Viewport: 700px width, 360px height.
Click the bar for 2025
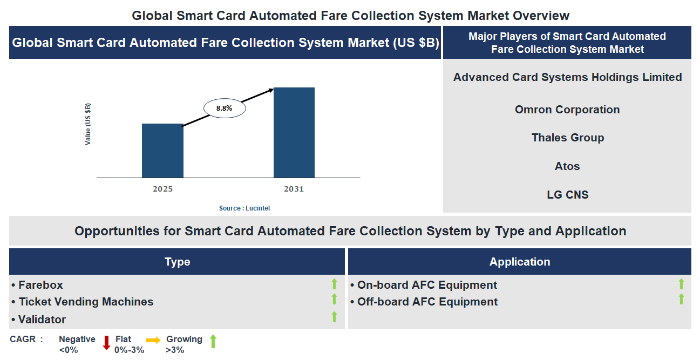tap(162, 151)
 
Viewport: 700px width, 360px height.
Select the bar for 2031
tap(294, 132)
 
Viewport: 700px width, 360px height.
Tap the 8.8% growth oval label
tap(225, 108)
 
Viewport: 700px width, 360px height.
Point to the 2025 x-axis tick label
tap(162, 189)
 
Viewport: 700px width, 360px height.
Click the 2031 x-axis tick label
tap(294, 189)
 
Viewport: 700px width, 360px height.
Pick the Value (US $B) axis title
tap(88, 124)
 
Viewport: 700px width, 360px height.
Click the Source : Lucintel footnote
tap(244, 208)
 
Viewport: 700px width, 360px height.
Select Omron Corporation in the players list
tap(567, 110)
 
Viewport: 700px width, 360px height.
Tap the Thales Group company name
tap(567, 138)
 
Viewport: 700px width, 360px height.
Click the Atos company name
tap(567, 166)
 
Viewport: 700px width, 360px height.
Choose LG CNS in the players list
tap(567, 195)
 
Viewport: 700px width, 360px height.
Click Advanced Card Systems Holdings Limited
tap(567, 77)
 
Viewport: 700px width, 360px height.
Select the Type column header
tap(177, 262)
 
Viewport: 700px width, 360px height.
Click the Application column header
tap(519, 262)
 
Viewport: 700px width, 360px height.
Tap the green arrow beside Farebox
tap(334, 284)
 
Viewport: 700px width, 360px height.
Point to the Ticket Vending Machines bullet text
tap(86, 302)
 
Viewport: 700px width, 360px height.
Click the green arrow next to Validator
tap(334, 317)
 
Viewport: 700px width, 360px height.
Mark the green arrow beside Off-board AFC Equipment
tap(681, 299)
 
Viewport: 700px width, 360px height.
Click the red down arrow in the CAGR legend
tap(106, 343)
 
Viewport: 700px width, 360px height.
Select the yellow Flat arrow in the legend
tap(153, 340)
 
